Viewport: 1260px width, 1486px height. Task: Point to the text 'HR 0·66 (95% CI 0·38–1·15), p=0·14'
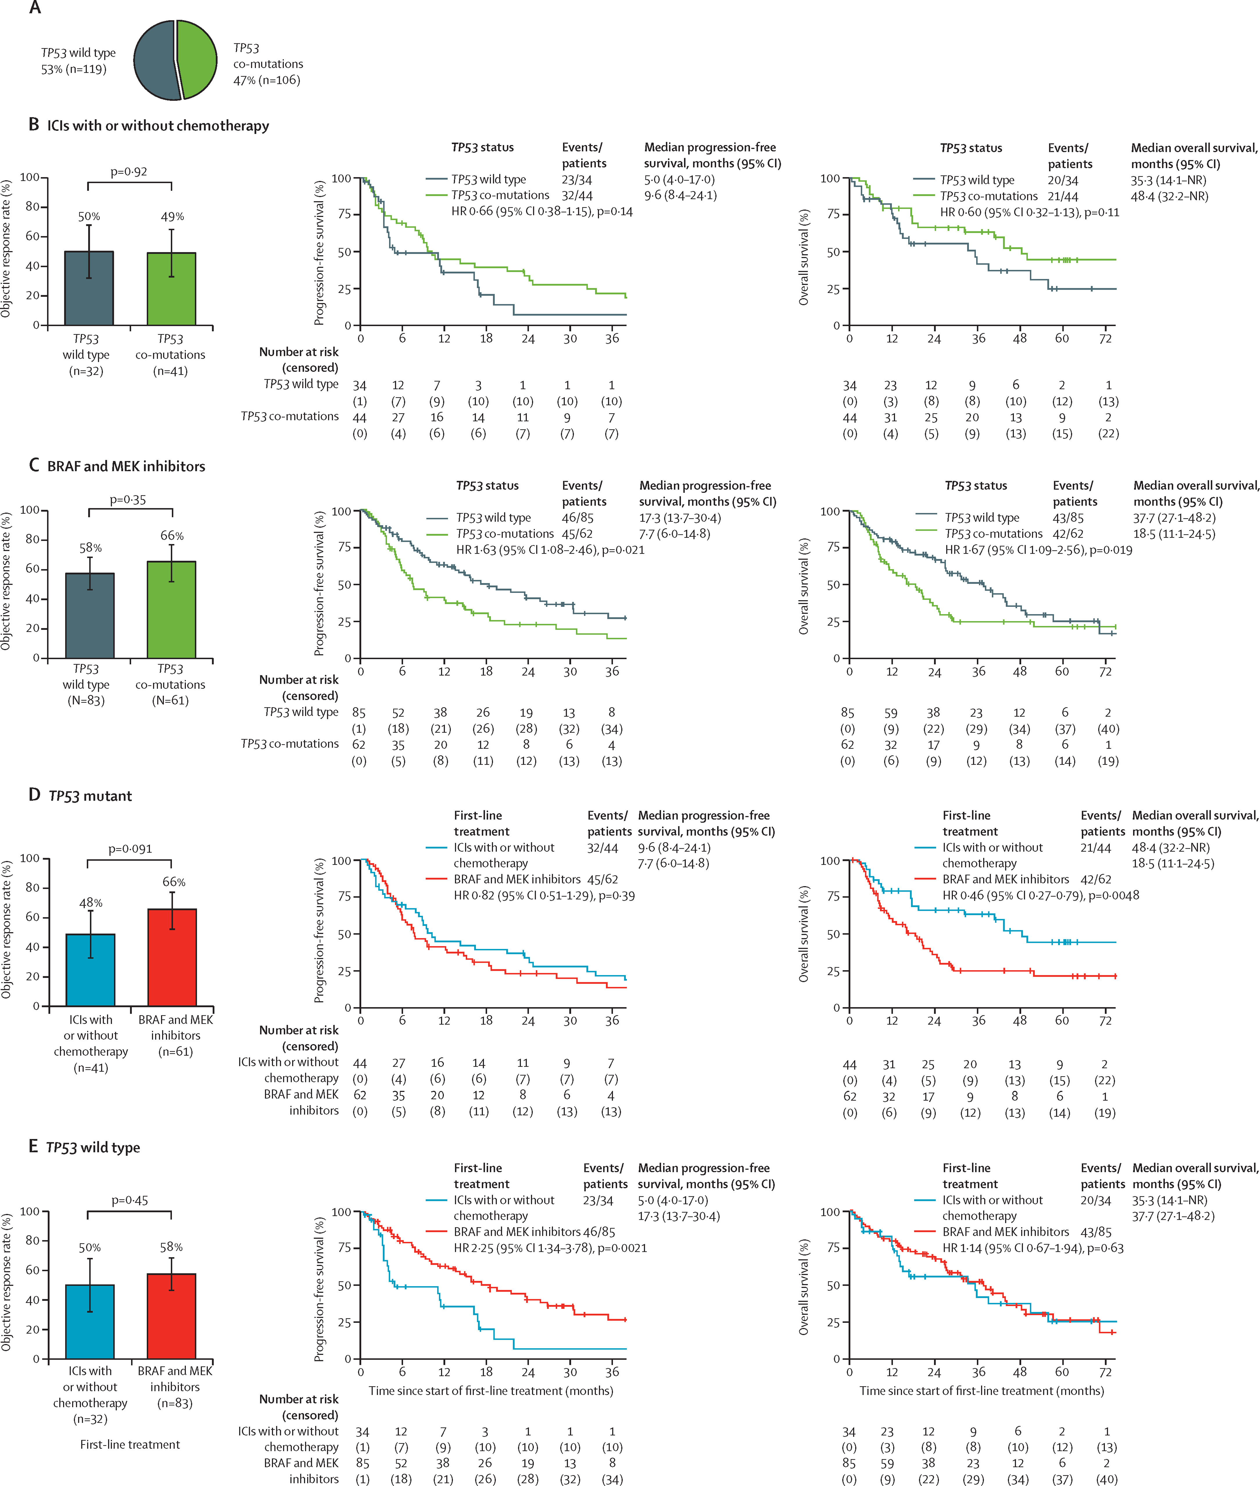542,212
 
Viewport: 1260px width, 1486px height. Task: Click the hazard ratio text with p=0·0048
1040,895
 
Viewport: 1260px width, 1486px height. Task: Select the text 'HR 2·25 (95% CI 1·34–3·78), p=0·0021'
550,1248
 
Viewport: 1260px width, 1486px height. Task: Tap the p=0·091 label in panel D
130,849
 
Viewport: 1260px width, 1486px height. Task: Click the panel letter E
33,1147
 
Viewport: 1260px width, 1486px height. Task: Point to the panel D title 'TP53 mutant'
90,796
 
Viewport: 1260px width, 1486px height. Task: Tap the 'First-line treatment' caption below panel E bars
130,1444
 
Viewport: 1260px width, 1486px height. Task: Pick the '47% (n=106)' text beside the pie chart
266,80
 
